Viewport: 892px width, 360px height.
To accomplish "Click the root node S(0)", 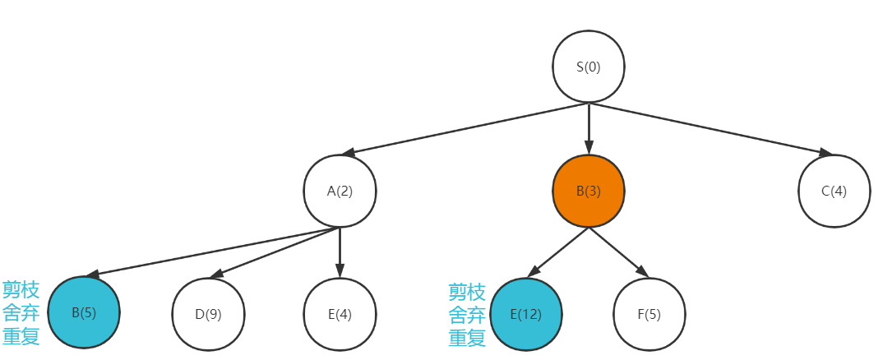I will point(589,67).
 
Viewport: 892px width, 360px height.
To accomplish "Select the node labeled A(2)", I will point(340,192).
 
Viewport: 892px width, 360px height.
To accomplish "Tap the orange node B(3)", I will point(589,192).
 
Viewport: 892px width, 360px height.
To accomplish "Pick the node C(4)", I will point(834,192).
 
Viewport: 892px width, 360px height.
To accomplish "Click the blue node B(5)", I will point(85,313).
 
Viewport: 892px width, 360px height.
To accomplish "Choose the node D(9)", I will point(208,314).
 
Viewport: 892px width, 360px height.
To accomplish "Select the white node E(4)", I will point(340,314).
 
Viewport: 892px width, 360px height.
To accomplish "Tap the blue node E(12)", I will point(526,314).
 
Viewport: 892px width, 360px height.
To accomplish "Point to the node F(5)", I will point(649,314).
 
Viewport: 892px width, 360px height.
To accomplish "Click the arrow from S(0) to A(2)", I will point(464,128).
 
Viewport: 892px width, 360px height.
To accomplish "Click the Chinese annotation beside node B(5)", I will point(21,313).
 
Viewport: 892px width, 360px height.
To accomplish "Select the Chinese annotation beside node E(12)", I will point(466,315).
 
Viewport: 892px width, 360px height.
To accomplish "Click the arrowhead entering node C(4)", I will point(825,153).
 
